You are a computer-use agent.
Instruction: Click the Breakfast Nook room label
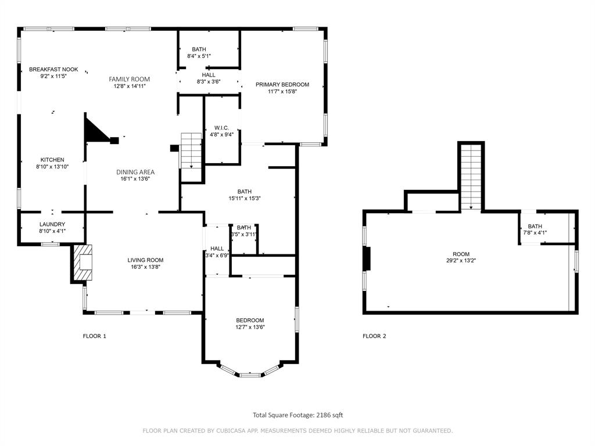pos(53,70)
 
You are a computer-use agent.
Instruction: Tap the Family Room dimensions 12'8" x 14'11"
pos(129,86)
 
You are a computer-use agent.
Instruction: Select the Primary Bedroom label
pos(282,85)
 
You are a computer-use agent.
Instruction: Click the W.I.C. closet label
pos(222,128)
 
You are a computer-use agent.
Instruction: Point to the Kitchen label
pos(52,160)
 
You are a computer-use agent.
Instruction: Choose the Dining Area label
pos(135,172)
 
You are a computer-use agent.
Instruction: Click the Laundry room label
pos(52,224)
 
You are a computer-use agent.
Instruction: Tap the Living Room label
pos(145,260)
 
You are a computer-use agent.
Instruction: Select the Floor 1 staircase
pos(191,150)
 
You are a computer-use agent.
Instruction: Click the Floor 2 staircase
pos(471,176)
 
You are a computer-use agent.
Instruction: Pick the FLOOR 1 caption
pos(95,336)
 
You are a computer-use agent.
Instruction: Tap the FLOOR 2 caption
pos(374,336)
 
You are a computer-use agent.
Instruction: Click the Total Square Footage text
pos(297,415)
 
